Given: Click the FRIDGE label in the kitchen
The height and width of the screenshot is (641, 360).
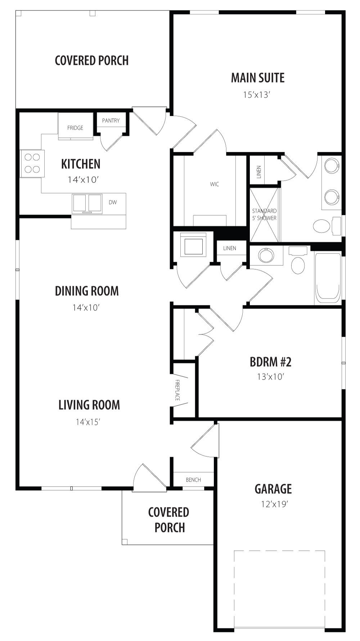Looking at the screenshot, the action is click(x=75, y=128).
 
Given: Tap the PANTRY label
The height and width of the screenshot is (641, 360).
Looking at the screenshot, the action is click(x=111, y=121).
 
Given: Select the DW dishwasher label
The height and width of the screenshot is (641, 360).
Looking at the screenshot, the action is click(x=113, y=202).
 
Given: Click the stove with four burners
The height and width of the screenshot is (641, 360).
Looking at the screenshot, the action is click(x=32, y=163).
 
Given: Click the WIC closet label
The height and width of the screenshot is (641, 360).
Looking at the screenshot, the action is click(x=215, y=184).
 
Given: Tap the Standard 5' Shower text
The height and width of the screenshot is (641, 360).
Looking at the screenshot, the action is click(x=264, y=215).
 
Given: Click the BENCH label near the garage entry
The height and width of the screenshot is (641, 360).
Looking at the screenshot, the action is click(x=193, y=480).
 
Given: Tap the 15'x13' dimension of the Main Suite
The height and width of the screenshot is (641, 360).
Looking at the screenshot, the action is click(x=257, y=95).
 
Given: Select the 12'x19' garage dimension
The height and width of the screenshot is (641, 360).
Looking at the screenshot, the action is click(x=275, y=504).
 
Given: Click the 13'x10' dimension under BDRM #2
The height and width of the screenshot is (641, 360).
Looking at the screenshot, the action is click(x=271, y=377).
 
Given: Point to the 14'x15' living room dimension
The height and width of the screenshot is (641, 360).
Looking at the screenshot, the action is click(x=87, y=422).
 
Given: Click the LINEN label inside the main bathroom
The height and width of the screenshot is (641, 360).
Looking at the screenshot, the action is click(x=259, y=172).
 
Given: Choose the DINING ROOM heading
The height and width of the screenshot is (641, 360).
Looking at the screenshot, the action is click(x=87, y=291).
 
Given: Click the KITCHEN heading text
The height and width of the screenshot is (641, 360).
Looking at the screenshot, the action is click(x=81, y=164).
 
